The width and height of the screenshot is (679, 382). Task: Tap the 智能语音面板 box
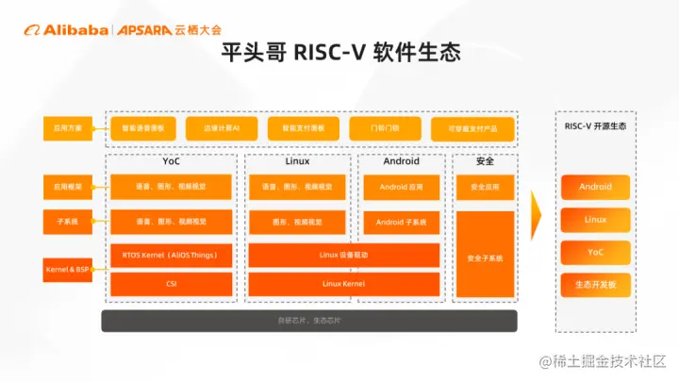click(143, 126)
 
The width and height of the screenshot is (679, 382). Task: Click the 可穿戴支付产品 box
click(472, 127)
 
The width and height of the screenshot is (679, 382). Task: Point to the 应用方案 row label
click(67, 126)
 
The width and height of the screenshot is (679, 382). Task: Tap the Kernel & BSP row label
click(67, 269)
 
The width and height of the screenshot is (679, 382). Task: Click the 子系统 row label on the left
click(67, 222)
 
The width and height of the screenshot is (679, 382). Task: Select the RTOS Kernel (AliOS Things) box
click(171, 255)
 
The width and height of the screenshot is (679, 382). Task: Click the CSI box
click(171, 283)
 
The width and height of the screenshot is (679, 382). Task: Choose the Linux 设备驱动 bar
click(343, 255)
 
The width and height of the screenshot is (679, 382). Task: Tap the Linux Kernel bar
click(343, 283)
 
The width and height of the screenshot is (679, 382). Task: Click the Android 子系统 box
click(401, 223)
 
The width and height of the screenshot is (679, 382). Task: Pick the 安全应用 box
click(485, 187)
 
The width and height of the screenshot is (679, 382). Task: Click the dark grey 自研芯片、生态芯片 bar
click(310, 321)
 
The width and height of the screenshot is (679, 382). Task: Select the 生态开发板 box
click(595, 284)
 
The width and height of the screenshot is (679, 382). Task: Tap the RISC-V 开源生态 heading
click(595, 126)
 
